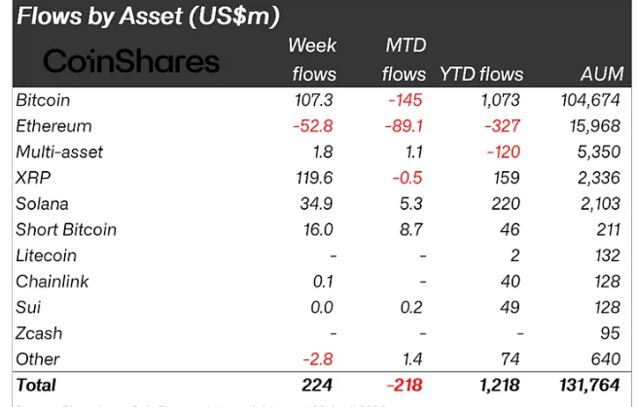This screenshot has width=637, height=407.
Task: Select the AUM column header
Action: [601, 74]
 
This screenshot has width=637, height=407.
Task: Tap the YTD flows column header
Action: [481, 74]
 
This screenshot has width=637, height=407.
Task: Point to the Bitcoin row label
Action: [43, 100]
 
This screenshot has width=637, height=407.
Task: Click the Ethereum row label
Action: [53, 126]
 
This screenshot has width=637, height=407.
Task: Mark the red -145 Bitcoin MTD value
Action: [407, 100]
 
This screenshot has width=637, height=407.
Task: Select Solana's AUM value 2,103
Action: [599, 204]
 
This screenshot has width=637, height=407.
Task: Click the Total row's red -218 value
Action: [405, 386]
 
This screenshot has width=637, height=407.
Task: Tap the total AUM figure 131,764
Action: [588, 386]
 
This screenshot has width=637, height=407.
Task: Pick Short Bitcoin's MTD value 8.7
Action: [413, 230]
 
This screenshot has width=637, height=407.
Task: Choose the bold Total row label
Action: [36, 386]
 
